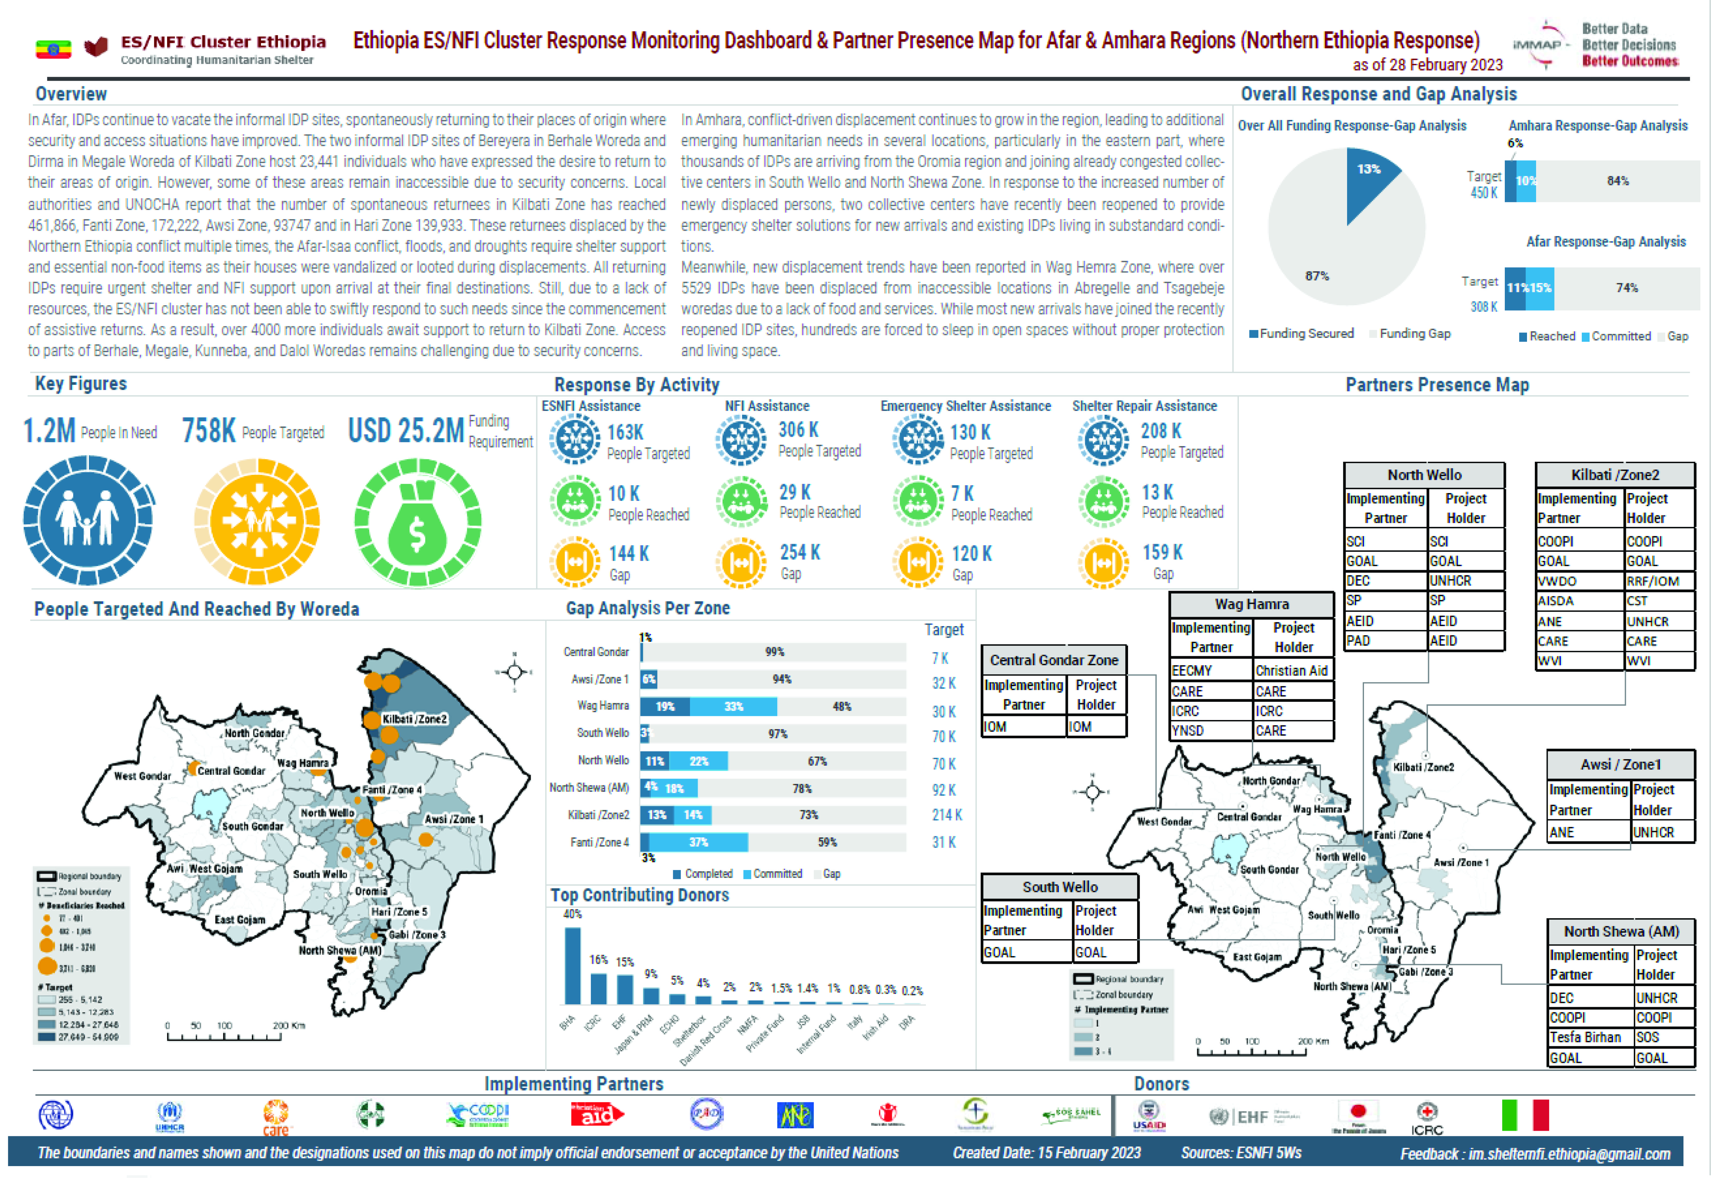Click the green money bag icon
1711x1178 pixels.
(418, 522)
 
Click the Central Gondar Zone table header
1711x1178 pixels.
(1054, 660)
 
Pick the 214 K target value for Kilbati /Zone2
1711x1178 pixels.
(947, 815)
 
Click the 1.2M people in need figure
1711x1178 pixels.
(49, 430)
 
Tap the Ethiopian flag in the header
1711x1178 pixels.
(53, 49)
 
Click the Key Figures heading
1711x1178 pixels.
(81, 384)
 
